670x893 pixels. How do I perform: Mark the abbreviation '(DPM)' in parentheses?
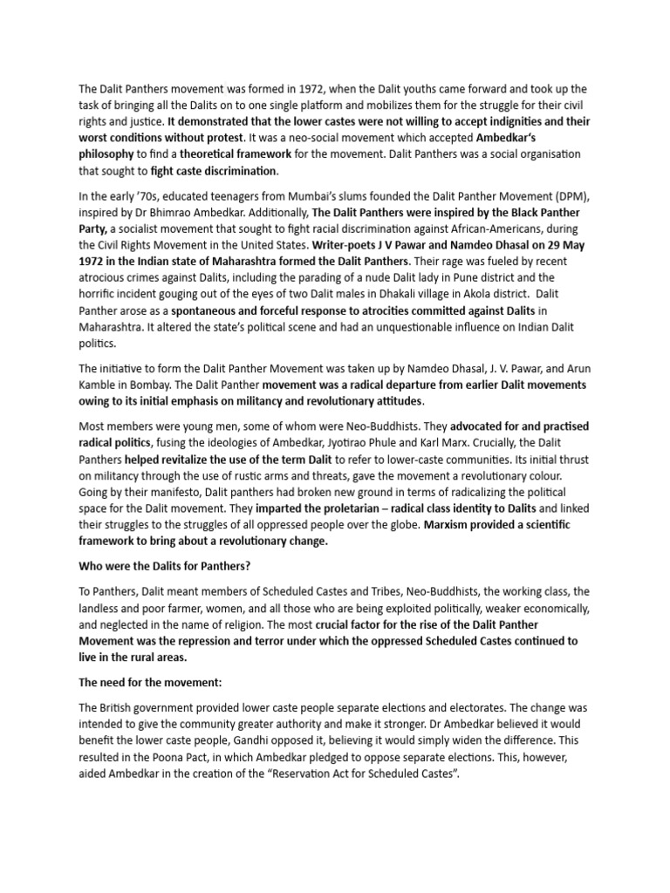click(567, 195)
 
